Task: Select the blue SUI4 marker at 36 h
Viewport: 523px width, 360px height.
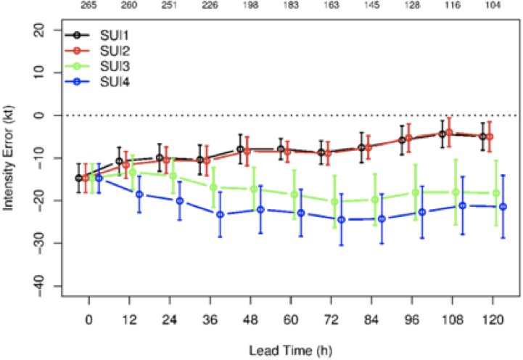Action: point(220,215)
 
